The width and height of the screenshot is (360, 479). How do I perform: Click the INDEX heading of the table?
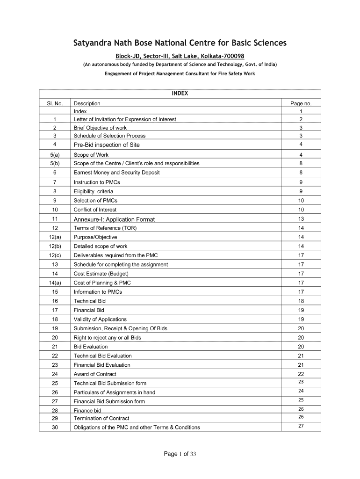tap(180, 93)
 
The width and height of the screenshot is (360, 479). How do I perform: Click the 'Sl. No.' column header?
tap(55, 103)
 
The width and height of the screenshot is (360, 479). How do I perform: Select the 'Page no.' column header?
tap(301, 103)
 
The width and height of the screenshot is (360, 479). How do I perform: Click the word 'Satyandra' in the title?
tap(95, 44)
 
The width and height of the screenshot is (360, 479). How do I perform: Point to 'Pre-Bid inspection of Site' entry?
tap(107, 145)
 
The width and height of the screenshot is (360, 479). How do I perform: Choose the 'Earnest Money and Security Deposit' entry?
tap(116, 173)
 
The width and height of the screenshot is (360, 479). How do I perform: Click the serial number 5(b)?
tap(55, 163)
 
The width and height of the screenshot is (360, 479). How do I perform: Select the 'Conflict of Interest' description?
tap(95, 210)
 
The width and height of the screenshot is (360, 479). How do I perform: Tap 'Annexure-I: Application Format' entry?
tap(114, 219)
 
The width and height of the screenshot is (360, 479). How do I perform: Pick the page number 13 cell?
tap(301, 219)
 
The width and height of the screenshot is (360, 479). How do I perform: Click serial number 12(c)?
tap(55, 255)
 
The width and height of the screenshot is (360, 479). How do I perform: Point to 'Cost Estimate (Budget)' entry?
tap(101, 274)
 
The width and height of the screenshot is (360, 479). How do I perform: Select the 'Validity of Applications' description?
tap(100, 319)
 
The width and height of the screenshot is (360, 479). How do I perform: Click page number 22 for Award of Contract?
tap(301, 374)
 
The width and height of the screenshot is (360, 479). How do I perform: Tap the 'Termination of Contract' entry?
tap(101, 418)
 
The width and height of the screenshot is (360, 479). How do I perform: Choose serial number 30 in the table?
tap(55, 427)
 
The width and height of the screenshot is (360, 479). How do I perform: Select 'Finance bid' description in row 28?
tap(87, 410)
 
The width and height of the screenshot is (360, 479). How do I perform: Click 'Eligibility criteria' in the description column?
tap(94, 191)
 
